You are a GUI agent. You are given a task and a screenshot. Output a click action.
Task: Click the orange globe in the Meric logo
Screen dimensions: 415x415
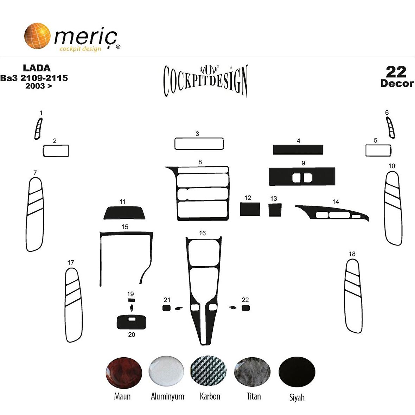[x=37, y=36]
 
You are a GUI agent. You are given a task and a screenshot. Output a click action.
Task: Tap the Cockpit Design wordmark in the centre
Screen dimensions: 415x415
[x=206, y=81]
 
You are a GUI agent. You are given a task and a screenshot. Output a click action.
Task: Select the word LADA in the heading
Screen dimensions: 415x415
[x=37, y=68]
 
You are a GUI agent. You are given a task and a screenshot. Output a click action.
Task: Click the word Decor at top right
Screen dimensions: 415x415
[x=397, y=83]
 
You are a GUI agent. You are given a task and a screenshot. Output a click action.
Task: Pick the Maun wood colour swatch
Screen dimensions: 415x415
[x=123, y=372]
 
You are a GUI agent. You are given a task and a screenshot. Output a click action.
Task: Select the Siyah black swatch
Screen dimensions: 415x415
[x=297, y=372]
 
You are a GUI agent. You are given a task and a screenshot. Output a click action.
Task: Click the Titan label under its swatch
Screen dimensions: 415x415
[x=254, y=396]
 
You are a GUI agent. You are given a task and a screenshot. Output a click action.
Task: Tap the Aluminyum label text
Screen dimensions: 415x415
[x=167, y=396]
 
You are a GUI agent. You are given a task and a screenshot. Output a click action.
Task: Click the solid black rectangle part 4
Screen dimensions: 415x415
[x=298, y=149]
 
